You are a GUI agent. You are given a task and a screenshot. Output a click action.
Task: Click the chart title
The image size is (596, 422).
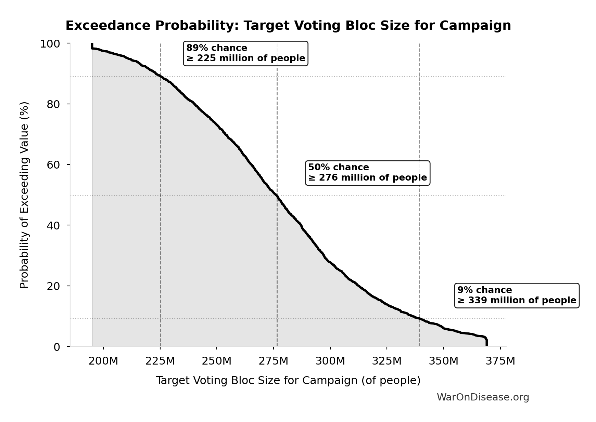pos(288,26)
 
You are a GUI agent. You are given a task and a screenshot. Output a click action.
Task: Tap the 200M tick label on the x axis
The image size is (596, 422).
pos(103,361)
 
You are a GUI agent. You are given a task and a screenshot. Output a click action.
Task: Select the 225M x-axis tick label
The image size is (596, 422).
pos(160,361)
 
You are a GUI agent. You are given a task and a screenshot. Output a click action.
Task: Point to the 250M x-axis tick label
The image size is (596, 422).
pos(217,361)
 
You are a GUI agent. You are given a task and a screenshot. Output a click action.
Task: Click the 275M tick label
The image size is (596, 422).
pos(273,361)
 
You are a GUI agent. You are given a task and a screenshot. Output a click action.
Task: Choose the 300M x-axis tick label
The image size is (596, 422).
pos(330,361)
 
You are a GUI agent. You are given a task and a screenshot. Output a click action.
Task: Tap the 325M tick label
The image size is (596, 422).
pos(387,361)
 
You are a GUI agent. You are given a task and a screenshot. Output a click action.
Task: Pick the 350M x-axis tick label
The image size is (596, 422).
pos(444,361)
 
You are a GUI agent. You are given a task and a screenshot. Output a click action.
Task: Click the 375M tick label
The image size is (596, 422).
pos(500,361)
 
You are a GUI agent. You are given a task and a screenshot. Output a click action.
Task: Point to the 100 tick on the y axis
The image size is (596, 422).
pos(50,44)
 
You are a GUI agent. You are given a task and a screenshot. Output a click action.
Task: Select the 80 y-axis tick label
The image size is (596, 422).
pos(53,104)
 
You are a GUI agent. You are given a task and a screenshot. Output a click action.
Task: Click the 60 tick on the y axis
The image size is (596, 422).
pos(53,165)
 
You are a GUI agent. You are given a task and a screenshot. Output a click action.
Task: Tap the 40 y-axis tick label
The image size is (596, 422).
pos(53,225)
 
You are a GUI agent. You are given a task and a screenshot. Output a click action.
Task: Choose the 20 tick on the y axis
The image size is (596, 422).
pos(53,286)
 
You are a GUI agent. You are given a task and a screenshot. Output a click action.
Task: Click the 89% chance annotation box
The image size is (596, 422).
pos(245,53)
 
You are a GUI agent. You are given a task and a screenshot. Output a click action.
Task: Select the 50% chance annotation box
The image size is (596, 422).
pos(367,173)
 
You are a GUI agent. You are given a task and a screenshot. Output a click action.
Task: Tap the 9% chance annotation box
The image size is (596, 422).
pos(517,295)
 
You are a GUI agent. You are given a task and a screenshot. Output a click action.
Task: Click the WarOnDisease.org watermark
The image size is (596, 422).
pos(483,397)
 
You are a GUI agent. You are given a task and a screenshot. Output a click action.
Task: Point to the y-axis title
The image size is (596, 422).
pos(24,195)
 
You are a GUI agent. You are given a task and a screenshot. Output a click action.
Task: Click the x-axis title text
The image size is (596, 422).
pos(288,381)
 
